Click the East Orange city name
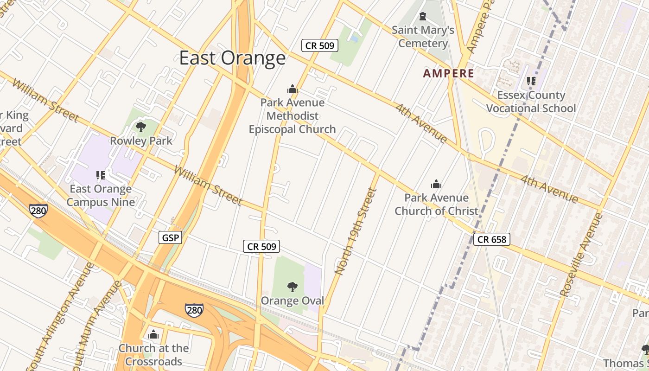point(232,58)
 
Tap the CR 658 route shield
point(492,239)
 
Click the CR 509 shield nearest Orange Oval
point(262,247)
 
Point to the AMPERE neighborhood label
point(448,73)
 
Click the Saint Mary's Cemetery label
point(423,37)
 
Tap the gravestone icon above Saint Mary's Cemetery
point(422,17)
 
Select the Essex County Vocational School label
point(531,102)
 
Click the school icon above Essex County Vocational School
point(531,81)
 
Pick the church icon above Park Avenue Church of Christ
point(436,184)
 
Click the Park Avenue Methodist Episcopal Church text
point(292,115)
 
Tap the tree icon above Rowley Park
point(140,127)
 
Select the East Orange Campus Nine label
point(101,195)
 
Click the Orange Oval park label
point(292,301)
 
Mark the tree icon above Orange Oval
point(292,287)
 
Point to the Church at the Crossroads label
point(153,354)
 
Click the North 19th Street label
point(354,231)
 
